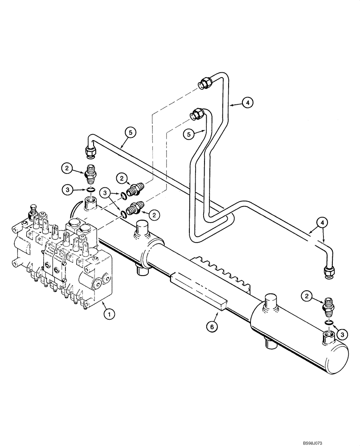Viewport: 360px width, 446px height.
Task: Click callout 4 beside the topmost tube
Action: tap(248, 103)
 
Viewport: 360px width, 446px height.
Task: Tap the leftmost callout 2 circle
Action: tap(67, 168)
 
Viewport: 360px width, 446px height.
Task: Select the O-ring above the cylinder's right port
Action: tap(329, 322)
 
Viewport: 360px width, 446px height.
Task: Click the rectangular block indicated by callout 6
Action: tap(198, 290)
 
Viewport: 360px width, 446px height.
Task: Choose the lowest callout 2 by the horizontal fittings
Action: tap(154, 215)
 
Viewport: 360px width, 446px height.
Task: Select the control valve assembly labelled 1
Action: tap(62, 263)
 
